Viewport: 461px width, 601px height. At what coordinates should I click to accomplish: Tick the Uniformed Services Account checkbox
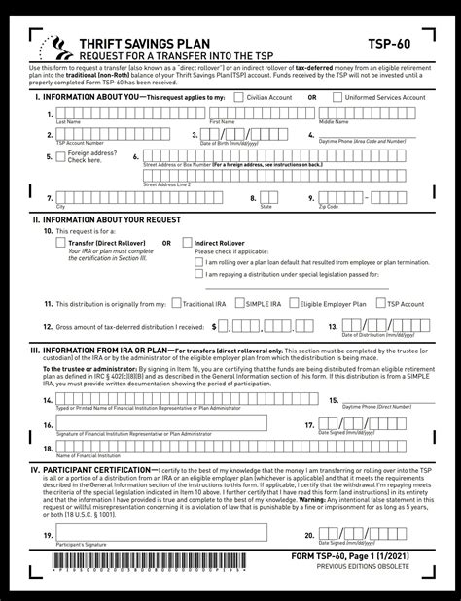tap(337, 97)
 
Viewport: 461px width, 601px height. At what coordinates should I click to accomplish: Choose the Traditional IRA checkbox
tap(175, 303)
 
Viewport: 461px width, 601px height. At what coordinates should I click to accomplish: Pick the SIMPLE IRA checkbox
tap(240, 303)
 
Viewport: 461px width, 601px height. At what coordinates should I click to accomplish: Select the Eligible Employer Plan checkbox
tap(297, 303)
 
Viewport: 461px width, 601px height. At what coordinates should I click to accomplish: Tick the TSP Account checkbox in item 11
tap(380, 303)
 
